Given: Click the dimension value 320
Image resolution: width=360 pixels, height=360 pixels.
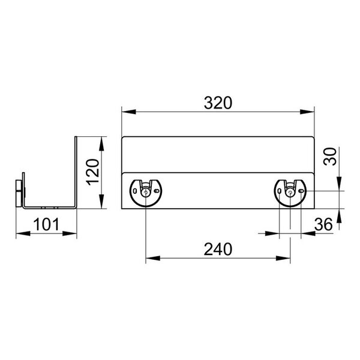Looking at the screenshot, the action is pos(218,103).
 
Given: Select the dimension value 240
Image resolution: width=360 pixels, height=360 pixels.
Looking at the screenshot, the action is pos(218,250).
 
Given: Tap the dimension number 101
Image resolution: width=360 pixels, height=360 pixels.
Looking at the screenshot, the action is pos(46,224).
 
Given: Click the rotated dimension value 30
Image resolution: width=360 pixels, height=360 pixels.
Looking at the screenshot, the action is pos(330,156).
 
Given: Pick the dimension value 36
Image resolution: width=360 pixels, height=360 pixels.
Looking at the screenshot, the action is pos(323,224).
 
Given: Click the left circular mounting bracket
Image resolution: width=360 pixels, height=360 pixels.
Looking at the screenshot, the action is pos(146,193).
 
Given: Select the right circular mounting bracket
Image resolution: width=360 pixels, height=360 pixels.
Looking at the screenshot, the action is pos(290,193).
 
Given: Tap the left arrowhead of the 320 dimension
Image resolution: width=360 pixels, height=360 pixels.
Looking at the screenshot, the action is pos(129,112).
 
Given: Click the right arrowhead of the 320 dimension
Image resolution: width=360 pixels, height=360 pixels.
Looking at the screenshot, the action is pos(307,112).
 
